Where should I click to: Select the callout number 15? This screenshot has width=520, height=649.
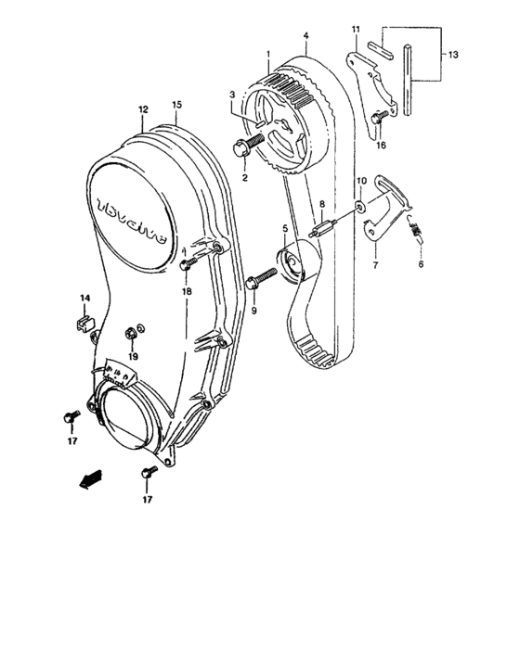tap(176, 105)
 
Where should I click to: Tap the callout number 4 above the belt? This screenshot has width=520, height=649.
tap(305, 37)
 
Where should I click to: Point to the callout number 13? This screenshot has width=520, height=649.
tap(452, 55)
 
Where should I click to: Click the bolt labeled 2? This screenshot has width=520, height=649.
tap(248, 143)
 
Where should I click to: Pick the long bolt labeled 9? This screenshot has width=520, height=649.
tap(262, 277)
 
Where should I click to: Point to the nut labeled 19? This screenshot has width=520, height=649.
tap(130, 330)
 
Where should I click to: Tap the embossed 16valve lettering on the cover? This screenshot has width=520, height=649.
tap(130, 218)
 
